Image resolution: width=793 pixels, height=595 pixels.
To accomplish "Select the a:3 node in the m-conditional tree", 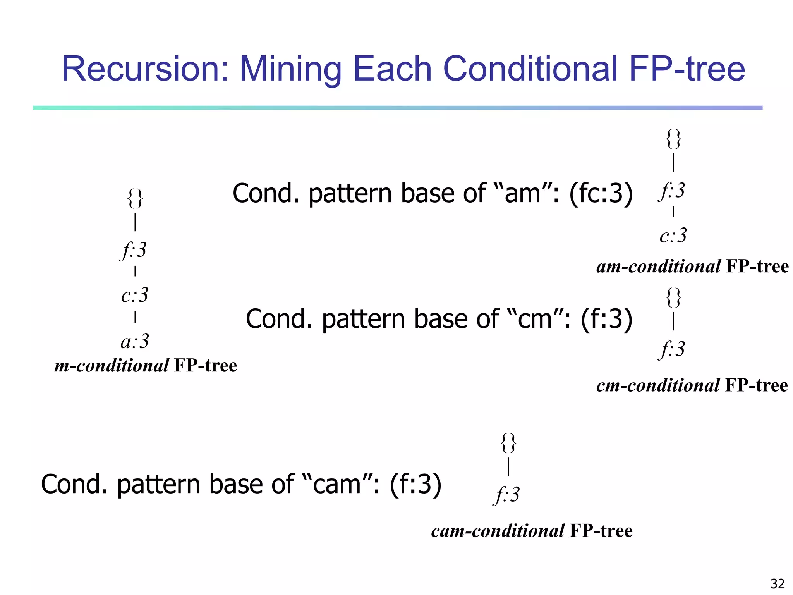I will tap(135, 342).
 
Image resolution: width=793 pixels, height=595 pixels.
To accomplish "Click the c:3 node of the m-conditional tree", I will tap(135, 295).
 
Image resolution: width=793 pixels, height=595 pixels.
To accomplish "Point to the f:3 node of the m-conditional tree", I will tap(134, 250).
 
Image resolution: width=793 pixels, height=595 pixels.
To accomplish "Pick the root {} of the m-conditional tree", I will tap(135, 199).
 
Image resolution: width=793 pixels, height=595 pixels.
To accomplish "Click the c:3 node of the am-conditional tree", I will tap(673, 236).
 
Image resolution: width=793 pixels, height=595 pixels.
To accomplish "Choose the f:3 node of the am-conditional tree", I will tap(672, 191).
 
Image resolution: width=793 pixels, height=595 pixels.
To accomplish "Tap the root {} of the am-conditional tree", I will tap(674, 139).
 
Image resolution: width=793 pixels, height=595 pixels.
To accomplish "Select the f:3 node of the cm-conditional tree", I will tap(672, 349).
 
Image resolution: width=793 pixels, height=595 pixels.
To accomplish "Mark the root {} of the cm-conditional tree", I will tap(674, 297).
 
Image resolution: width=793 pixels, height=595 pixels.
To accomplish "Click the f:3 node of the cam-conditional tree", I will tap(507, 495).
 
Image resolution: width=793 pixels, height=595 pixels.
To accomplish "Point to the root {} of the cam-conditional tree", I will tap(508, 443).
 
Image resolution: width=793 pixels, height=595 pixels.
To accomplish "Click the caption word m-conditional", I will tap(112, 366).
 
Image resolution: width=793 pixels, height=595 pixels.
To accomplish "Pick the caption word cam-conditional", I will tap(498, 531).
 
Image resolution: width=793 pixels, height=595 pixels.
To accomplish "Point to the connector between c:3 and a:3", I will tap(135, 317).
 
